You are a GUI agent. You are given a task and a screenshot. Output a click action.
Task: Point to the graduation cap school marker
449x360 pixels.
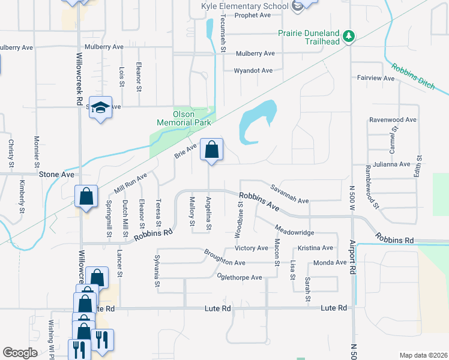pyautogui.click(x=101, y=108)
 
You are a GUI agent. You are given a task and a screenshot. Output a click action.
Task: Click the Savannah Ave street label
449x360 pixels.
pyautogui.click(x=289, y=193)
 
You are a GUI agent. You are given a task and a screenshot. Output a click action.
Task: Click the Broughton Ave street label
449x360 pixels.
pyautogui.click(x=224, y=259)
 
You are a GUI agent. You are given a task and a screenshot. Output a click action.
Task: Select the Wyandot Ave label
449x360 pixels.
pyautogui.click(x=253, y=71)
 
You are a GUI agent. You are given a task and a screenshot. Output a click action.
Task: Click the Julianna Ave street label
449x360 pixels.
pyautogui.click(x=390, y=164)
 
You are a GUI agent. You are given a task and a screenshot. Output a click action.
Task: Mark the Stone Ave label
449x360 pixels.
pyautogui.click(x=56, y=175)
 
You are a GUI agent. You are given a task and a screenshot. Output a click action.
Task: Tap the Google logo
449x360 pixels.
pyautogui.click(x=20, y=353)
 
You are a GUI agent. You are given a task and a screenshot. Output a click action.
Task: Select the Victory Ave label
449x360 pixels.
pyautogui.click(x=252, y=248)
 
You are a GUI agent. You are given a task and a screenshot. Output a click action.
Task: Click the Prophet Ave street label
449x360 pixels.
pyautogui.click(x=253, y=16)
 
